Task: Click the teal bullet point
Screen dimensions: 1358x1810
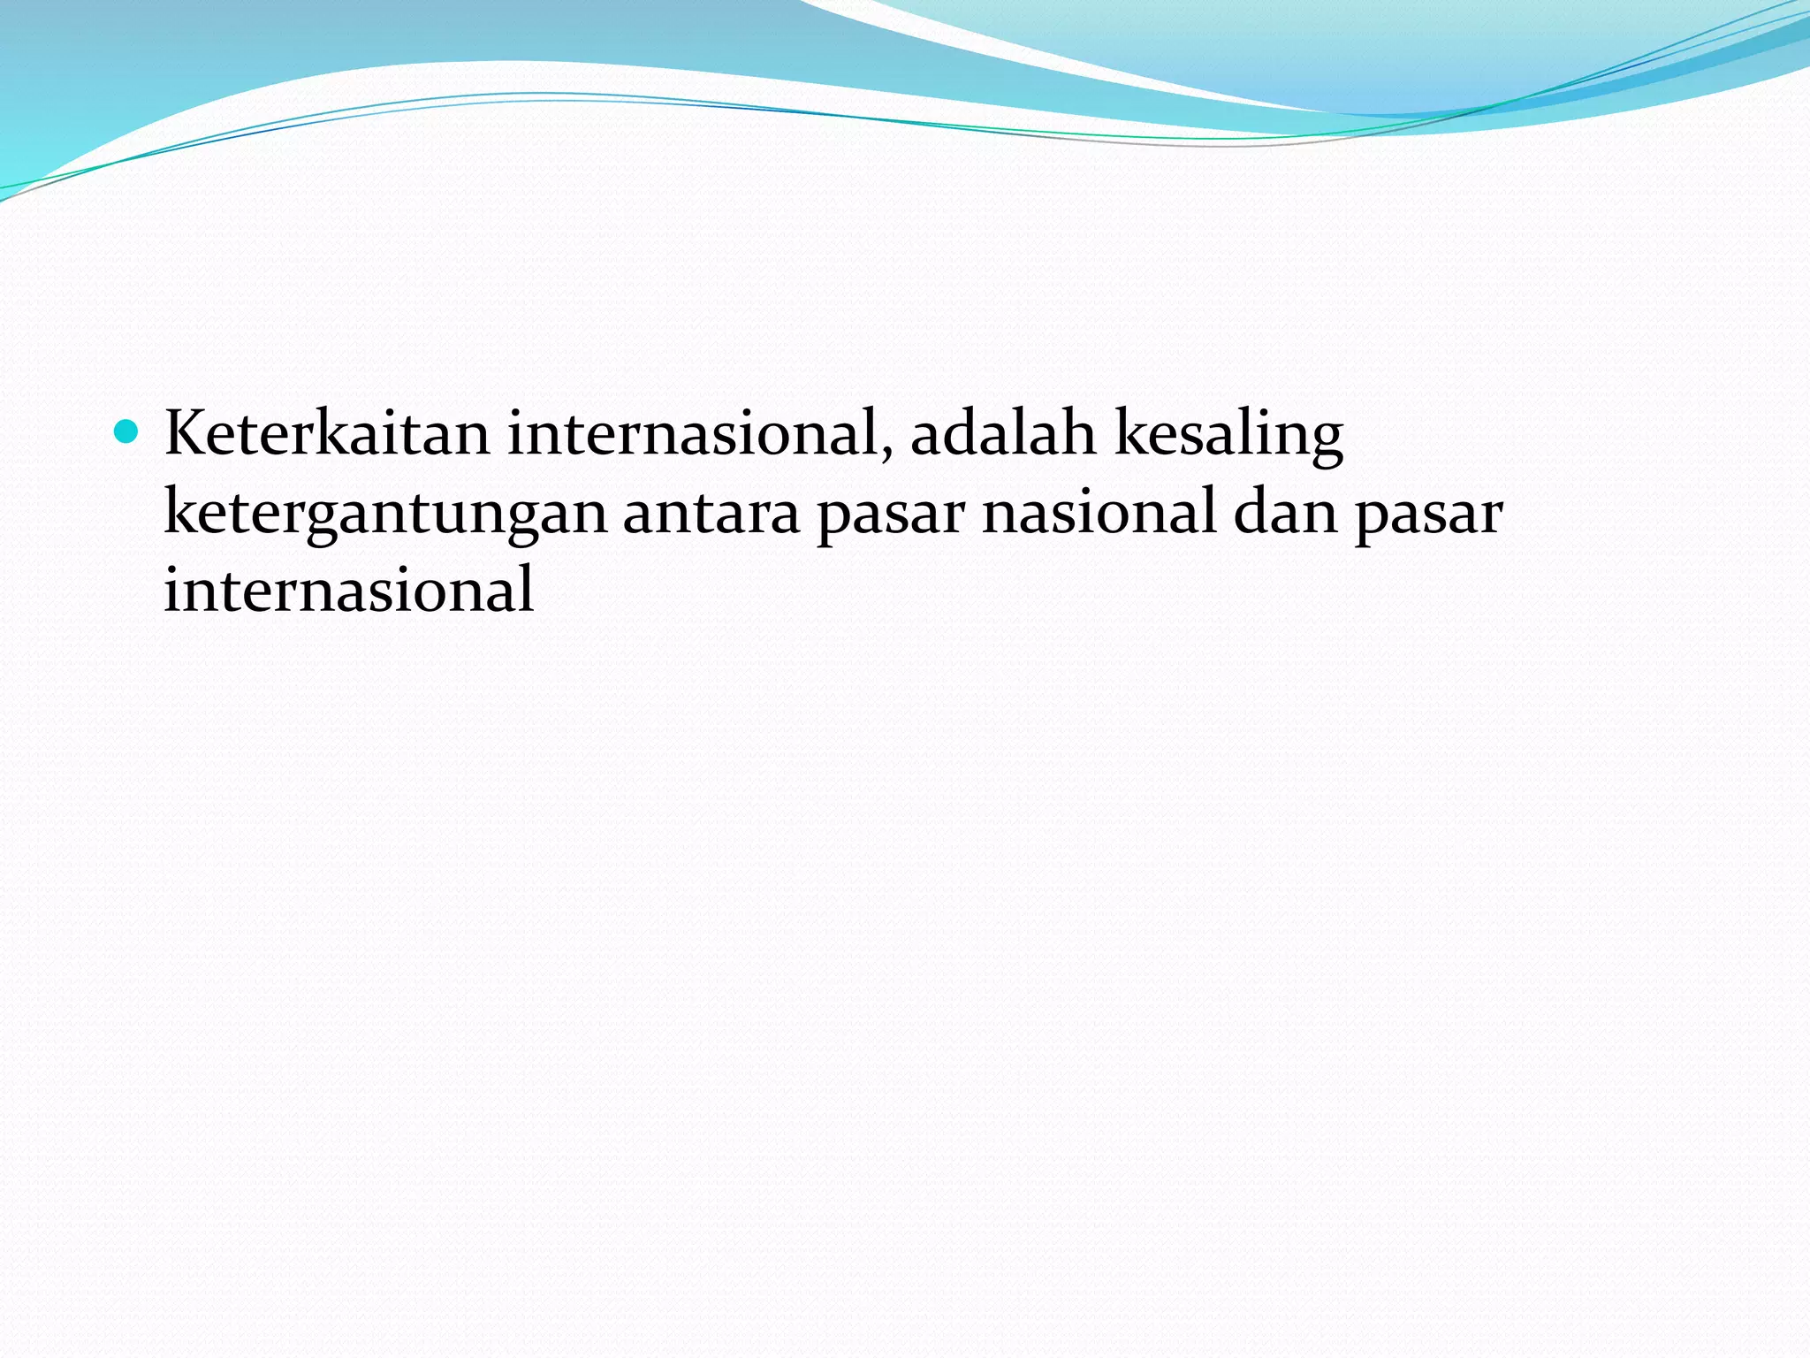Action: tap(127, 432)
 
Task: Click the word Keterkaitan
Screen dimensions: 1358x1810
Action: tap(326, 434)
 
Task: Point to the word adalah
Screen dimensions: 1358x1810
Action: tap(1003, 434)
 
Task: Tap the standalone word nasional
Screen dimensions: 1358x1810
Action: tap(1099, 513)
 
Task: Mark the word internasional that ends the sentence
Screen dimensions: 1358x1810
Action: tap(349, 591)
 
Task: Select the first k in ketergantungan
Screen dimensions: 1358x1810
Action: tap(179, 513)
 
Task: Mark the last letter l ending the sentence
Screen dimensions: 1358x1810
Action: tap(527, 589)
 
